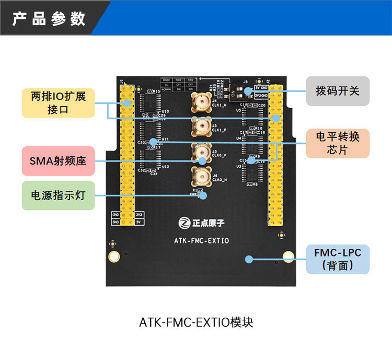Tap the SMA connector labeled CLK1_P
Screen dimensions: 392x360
pos(201,125)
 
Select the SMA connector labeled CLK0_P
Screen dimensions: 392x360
pos(201,152)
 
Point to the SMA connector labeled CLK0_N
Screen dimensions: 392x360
pos(201,177)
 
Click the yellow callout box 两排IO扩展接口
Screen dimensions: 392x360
pos(58,103)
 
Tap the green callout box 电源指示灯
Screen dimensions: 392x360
pos(58,196)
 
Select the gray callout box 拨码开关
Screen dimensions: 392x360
pos(337,91)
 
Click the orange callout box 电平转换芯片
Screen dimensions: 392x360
pos(337,143)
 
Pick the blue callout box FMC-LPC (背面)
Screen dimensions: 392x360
pos(338,259)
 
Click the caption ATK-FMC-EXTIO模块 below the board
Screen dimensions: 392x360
pos(196,322)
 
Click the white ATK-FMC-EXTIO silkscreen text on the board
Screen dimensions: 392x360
pos(201,241)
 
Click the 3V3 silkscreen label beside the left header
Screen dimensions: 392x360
pos(139,215)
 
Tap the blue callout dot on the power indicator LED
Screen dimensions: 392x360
pos(203,195)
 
